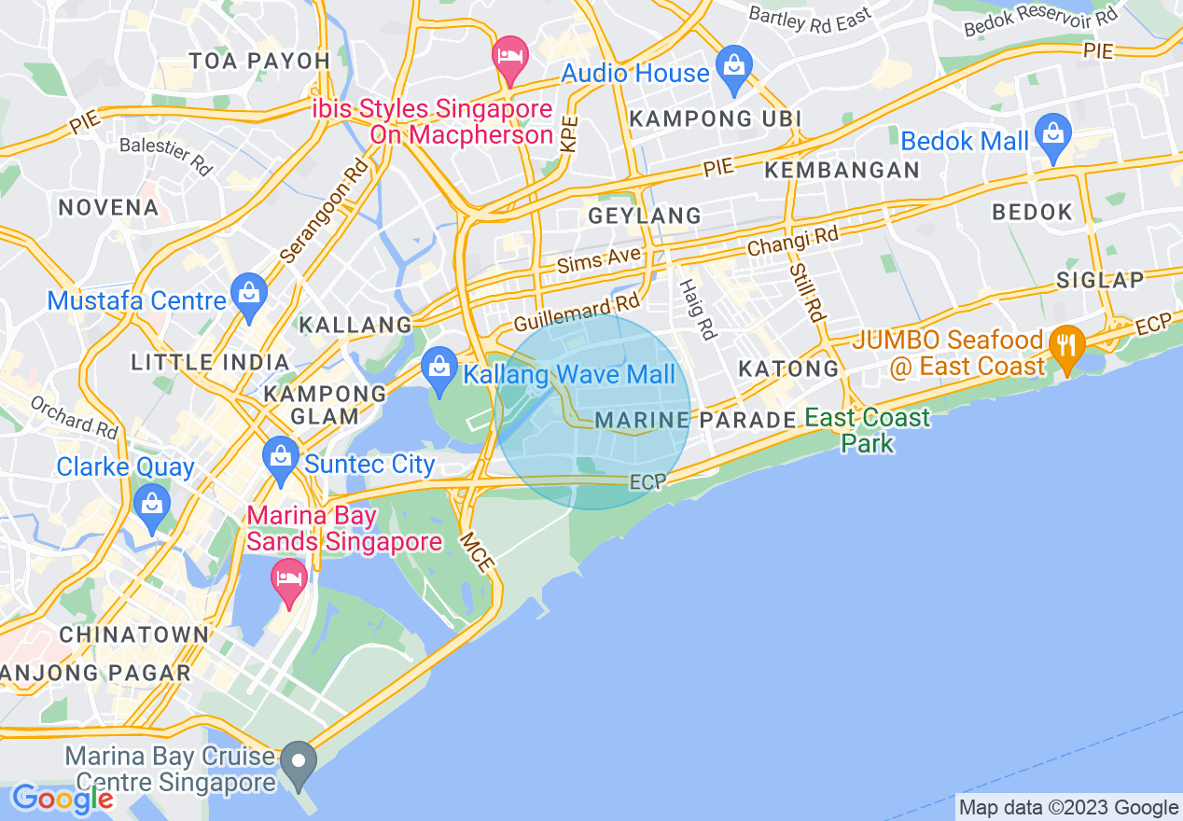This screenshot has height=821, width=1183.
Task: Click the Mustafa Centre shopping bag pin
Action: pos(249,294)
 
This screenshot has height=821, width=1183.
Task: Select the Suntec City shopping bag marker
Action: pos(281,457)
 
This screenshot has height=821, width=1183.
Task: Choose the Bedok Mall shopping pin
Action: pos(1053,134)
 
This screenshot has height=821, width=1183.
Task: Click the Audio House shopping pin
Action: pos(734,66)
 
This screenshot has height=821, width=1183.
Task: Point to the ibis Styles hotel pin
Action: pos(510,57)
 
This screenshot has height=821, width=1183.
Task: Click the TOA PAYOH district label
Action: pos(259,62)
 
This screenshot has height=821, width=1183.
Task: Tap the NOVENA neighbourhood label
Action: pos(108,207)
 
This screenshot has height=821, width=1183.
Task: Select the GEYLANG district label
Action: pos(645,216)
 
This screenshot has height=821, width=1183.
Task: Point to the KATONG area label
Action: pos(789,369)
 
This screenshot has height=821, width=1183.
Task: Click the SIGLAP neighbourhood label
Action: pos(1101,281)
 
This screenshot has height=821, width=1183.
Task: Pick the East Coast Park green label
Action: pos(868,429)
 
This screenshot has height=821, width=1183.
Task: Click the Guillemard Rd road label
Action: pos(577,314)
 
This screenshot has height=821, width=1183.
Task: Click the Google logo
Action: pos(63,799)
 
